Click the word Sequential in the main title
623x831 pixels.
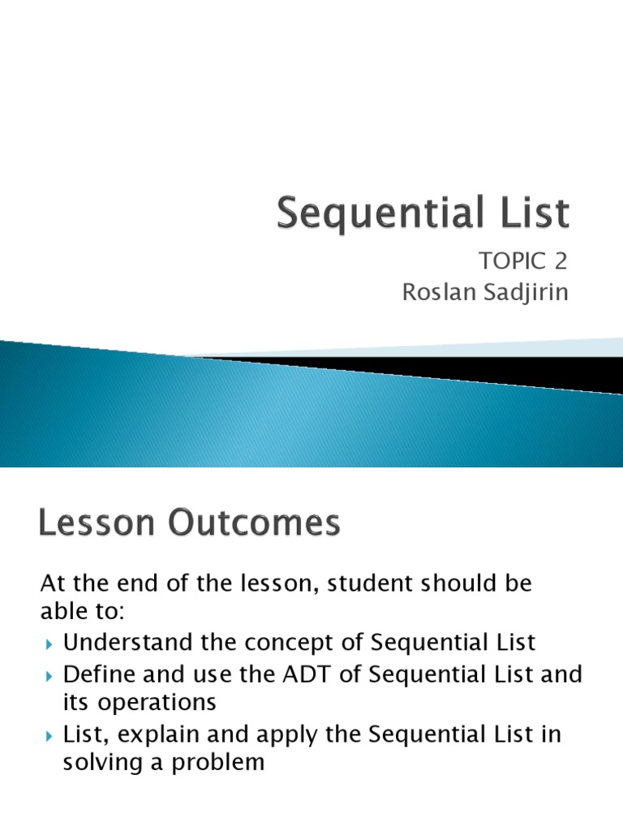(x=383, y=214)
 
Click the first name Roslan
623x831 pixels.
(x=438, y=291)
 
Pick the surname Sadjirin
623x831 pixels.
(x=525, y=291)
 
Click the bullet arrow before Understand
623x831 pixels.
(x=49, y=644)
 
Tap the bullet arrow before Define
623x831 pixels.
(x=49, y=675)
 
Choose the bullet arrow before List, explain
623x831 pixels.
(x=49, y=736)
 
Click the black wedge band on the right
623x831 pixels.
(x=487, y=370)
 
